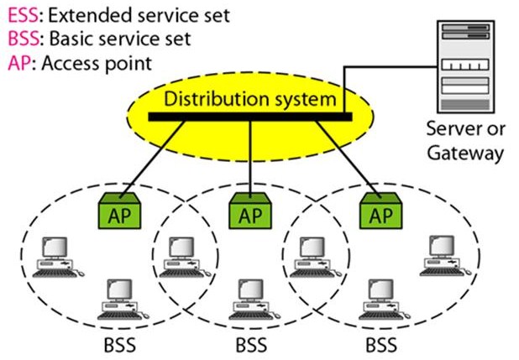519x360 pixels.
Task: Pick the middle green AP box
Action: pyautogui.click(x=251, y=213)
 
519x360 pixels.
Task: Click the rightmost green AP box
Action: pyautogui.click(x=380, y=213)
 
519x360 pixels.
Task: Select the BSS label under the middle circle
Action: pyautogui.click(x=251, y=346)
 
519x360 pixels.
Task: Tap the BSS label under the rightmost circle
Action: pyautogui.click(x=382, y=346)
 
